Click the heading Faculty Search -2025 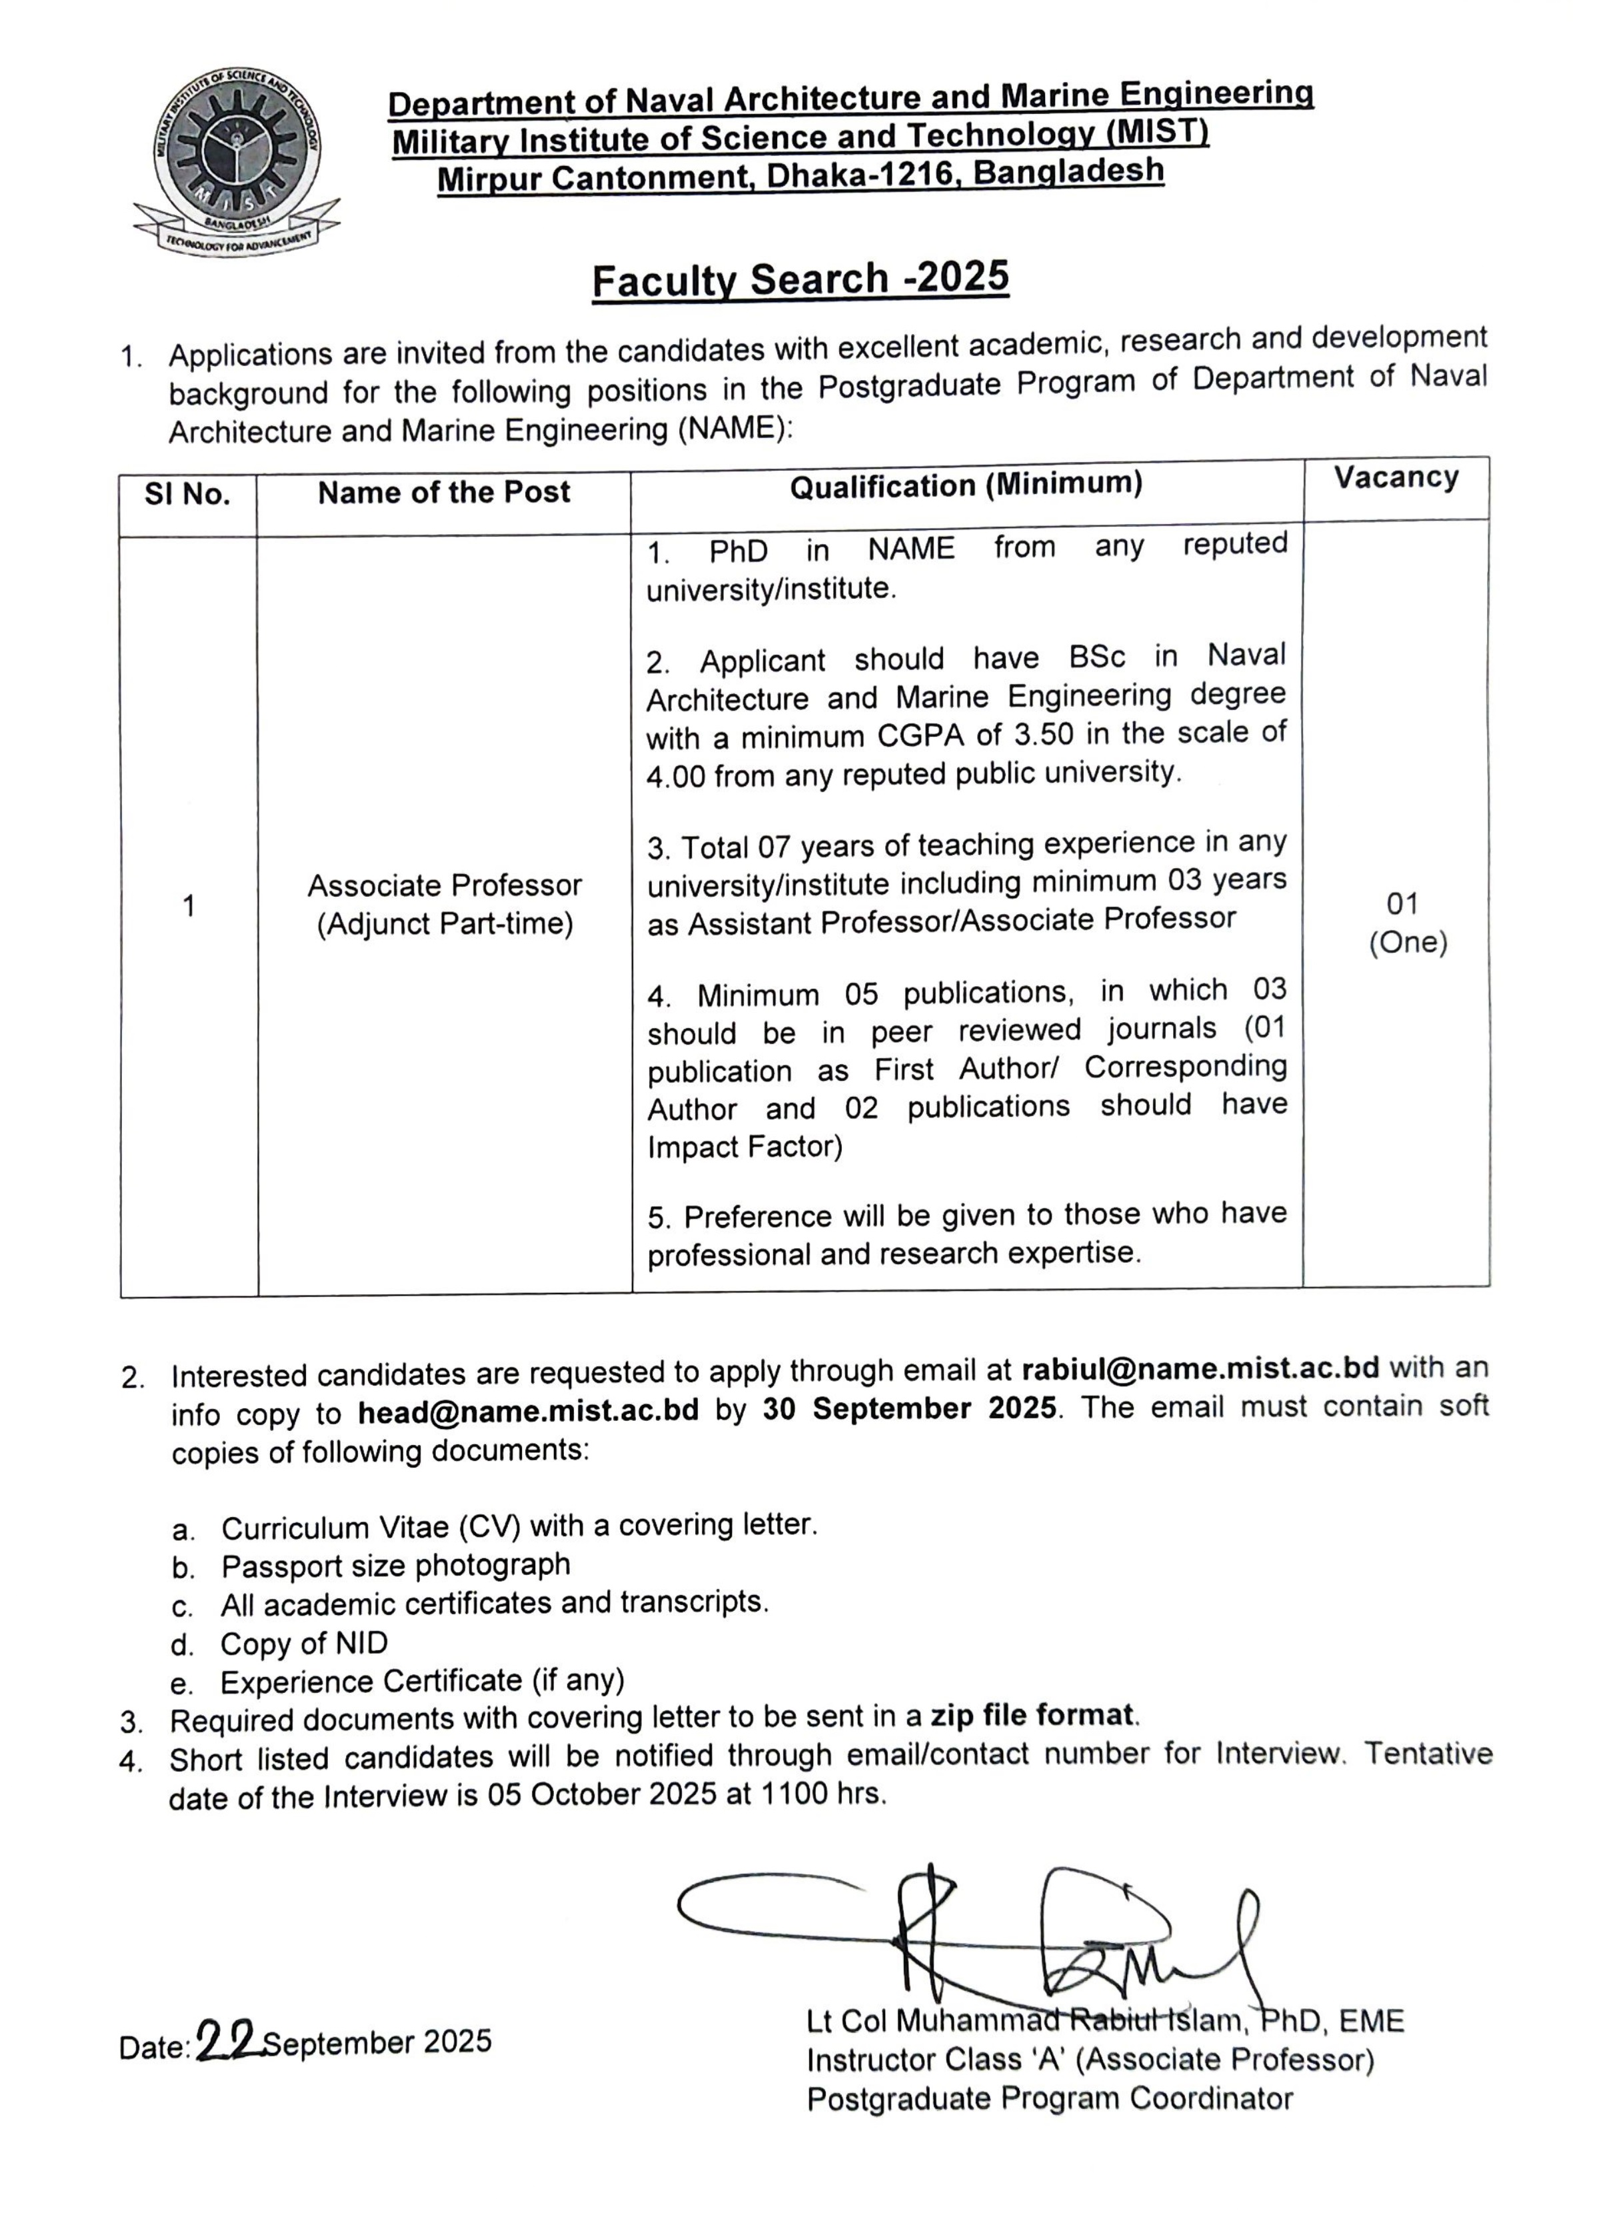[x=800, y=280]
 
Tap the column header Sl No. [x=188, y=495]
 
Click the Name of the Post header [x=444, y=492]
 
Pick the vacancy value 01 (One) [x=1406, y=923]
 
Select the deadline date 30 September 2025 [x=910, y=1409]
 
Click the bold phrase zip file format [x=1033, y=1715]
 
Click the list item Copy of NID [x=304, y=1644]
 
